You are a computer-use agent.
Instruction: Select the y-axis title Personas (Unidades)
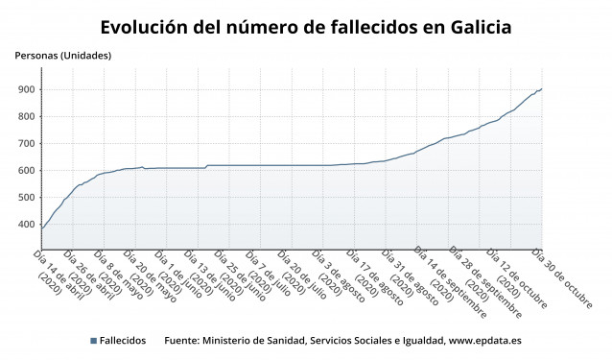[x=63, y=55]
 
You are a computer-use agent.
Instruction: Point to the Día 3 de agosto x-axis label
[x=340, y=273]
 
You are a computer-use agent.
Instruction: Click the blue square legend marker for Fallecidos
[x=93, y=341]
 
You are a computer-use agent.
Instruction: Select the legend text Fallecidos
[x=124, y=341]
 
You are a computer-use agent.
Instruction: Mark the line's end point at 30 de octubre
[x=542, y=89]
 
